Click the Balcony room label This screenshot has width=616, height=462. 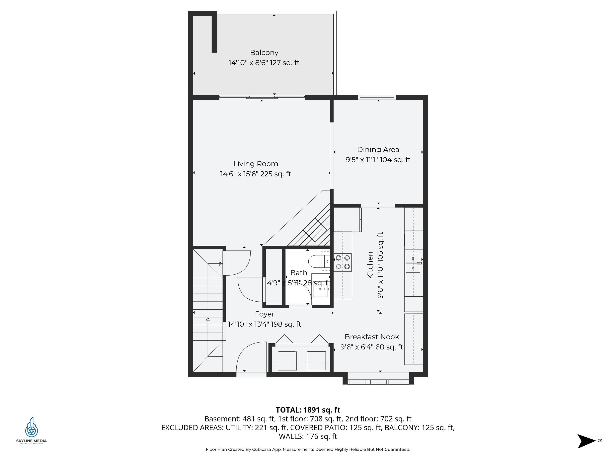(264, 53)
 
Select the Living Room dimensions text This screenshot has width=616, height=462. (255, 174)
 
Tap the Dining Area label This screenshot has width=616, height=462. (378, 150)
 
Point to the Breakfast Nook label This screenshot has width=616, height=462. (372, 337)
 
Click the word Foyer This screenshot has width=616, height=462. (264, 314)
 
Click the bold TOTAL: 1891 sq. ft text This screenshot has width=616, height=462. (308, 410)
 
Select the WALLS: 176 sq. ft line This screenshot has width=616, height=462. (308, 436)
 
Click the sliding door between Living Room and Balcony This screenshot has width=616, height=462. (262, 97)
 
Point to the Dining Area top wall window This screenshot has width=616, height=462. (377, 97)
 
